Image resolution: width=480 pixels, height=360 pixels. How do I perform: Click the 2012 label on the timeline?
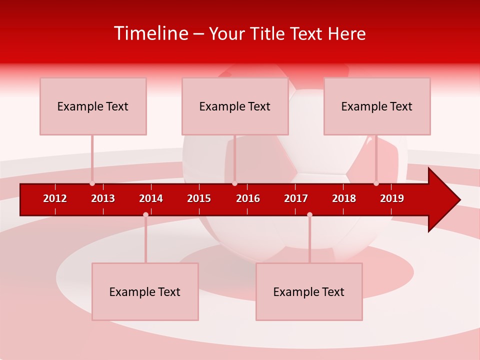click(55, 198)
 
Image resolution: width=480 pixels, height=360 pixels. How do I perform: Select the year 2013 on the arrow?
click(103, 198)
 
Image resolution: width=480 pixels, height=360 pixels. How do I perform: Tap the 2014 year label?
click(151, 198)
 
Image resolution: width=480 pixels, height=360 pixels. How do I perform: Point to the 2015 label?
click(199, 198)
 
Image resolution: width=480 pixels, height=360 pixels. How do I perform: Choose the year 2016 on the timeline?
click(248, 198)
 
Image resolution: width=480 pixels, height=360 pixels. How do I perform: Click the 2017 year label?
click(296, 198)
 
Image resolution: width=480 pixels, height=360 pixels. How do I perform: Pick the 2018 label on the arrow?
click(344, 198)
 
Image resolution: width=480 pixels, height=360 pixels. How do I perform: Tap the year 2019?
click(392, 198)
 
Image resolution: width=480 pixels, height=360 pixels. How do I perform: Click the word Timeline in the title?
click(150, 33)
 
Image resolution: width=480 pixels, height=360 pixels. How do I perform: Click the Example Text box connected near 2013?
click(93, 106)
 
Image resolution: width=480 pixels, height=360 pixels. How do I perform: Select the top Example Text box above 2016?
click(235, 106)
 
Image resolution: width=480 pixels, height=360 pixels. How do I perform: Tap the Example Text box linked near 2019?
click(377, 106)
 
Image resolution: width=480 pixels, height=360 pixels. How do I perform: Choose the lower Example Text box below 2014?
click(145, 291)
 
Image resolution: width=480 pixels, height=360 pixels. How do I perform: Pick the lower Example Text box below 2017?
click(309, 291)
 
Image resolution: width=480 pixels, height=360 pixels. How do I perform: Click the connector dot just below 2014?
click(145, 214)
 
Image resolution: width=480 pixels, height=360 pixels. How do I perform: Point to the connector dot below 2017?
click(309, 214)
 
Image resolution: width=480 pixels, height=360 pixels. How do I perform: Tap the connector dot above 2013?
click(92, 183)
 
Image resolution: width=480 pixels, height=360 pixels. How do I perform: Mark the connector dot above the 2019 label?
click(376, 183)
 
